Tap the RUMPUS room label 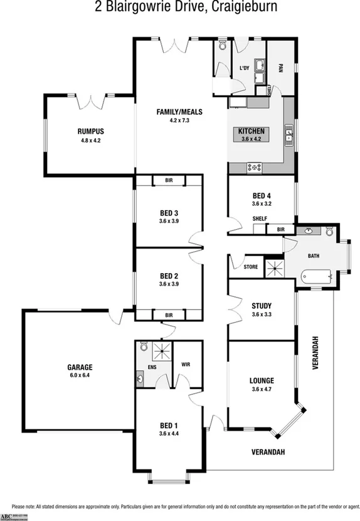point(90,131)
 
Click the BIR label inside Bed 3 point(169,181)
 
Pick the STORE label point(250,267)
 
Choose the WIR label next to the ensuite point(186,363)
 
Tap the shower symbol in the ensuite point(161,351)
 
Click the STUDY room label point(261,306)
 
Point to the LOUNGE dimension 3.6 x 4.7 point(261,389)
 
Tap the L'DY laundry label point(245,68)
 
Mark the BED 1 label point(169,424)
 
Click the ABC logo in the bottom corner point(7,515)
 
